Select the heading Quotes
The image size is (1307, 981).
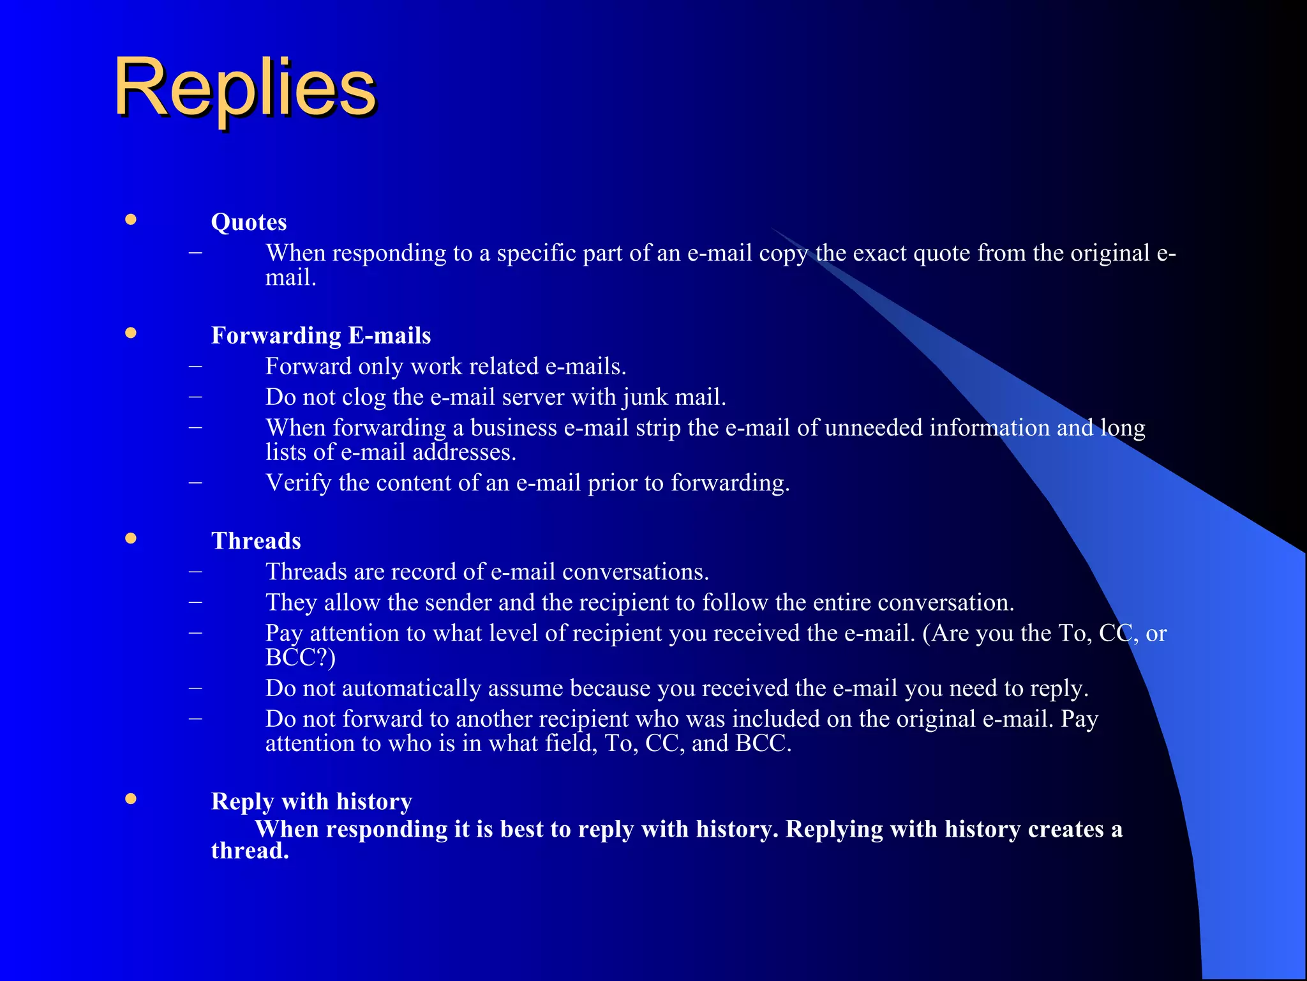249,222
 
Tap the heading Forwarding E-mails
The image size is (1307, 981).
321,336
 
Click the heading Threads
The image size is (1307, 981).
256,542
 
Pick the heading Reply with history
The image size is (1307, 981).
311,802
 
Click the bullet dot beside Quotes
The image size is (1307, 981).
131,220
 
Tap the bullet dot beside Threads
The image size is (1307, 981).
131,538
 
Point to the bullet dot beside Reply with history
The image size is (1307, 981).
131,799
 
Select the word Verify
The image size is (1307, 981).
298,483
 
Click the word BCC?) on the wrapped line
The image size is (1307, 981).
300,658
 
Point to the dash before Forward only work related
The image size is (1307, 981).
196,366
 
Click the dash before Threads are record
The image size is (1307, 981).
196,571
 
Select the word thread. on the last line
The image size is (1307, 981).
250,851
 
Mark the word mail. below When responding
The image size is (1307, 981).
290,278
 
